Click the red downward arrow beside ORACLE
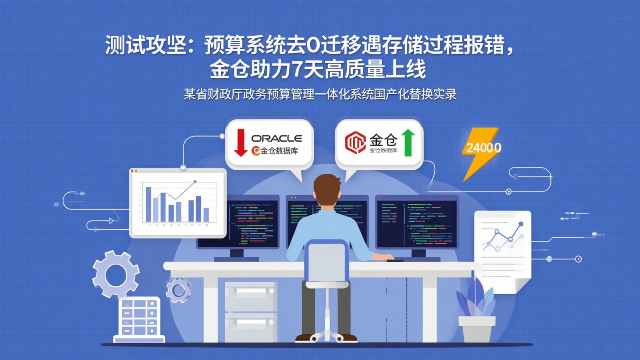click(x=240, y=143)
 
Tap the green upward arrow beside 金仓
click(x=408, y=142)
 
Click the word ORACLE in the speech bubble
click(x=276, y=138)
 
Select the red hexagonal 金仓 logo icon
click(x=355, y=142)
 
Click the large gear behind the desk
click(x=116, y=274)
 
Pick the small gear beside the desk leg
click(x=179, y=291)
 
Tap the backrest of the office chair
click(x=327, y=262)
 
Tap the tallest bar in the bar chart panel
click(x=148, y=204)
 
